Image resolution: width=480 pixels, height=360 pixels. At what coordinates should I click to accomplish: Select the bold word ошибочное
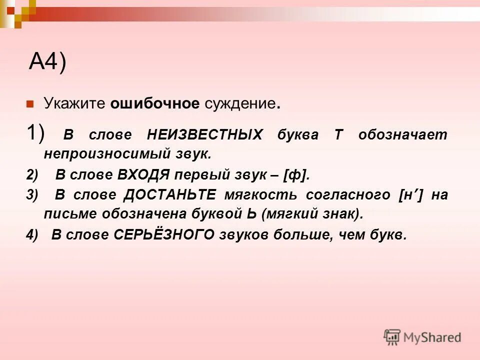coord(155,104)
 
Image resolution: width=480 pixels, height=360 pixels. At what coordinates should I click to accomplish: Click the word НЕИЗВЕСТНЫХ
coord(205,135)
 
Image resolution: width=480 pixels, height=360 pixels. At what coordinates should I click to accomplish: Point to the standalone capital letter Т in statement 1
coord(338,135)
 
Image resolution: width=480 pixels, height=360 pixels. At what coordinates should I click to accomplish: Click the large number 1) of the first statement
coord(35,133)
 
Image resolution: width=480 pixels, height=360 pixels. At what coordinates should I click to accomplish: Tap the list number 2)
coord(32,174)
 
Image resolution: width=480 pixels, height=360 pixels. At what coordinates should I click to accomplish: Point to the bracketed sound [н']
coord(411,195)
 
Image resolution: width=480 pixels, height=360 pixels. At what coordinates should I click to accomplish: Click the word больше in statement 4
coord(301,235)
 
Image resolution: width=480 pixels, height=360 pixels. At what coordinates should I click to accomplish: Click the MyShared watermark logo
coord(422,337)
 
